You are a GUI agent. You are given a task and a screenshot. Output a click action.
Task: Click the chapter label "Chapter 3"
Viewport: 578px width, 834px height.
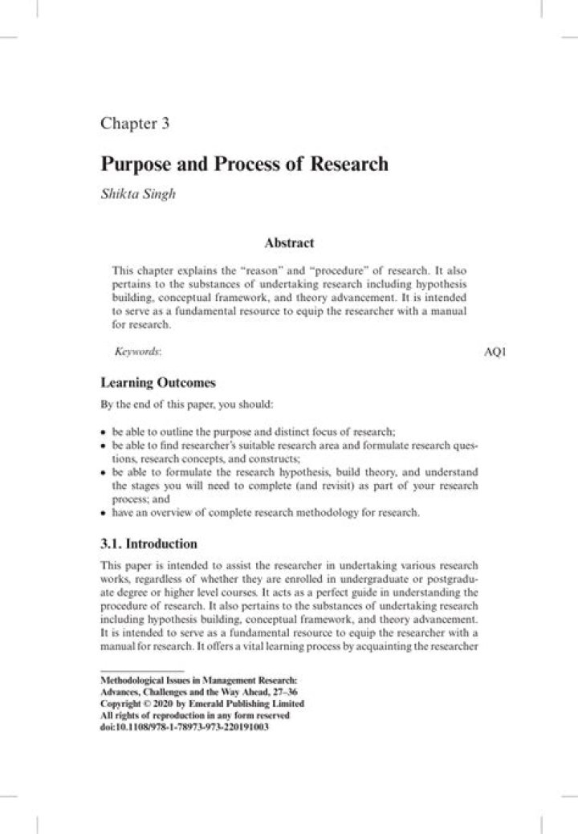134,124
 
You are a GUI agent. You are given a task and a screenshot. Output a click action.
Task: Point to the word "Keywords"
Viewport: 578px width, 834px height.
137,352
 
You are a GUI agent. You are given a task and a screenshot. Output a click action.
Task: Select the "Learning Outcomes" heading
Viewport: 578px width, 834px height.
157,383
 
